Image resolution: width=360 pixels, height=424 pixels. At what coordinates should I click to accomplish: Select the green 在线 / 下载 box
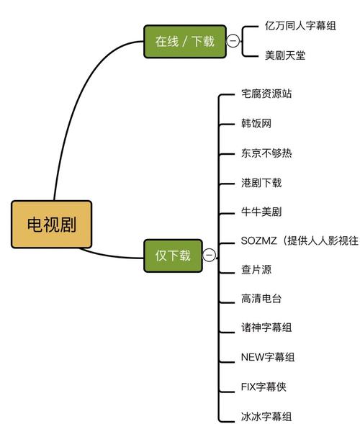pos(184,41)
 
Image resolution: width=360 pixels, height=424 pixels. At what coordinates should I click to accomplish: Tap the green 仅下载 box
pos(173,255)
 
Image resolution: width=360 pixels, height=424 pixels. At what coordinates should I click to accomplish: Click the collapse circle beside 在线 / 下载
pos(233,41)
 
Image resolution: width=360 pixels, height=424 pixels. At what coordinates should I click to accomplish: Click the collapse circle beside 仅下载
pos(209,255)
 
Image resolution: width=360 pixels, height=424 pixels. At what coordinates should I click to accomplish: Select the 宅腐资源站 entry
pos(266,94)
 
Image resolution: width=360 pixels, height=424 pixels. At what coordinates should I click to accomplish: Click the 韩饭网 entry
pos(256,123)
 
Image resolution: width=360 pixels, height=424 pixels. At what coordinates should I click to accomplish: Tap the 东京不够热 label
pos(266,153)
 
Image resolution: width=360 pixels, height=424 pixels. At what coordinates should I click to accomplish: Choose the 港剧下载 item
pos(261,182)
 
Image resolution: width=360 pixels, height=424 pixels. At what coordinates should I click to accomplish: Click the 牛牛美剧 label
pos(261,212)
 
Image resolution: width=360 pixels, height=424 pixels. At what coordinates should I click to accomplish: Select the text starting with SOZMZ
pos(299,240)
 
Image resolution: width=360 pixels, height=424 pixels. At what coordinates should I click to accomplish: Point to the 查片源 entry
pos(256,270)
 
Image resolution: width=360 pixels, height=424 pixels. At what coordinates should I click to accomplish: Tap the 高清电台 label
pos(261,299)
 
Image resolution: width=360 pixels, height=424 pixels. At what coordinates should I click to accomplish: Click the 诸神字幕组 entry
pos(266,328)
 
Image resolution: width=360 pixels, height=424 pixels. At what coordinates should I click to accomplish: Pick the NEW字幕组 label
pos(267,358)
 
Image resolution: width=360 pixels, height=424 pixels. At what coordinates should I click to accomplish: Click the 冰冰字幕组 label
pos(266,416)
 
